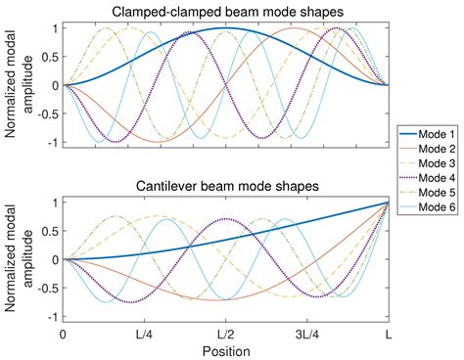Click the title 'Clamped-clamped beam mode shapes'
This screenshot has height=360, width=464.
(226, 12)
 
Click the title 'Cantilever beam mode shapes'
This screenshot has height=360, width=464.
(226, 187)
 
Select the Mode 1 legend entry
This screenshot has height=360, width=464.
(427, 130)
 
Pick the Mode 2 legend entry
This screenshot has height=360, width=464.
(427, 145)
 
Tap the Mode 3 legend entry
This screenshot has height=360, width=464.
(427, 160)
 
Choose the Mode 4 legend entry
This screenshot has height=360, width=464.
(427, 176)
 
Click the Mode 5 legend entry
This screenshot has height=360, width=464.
(427, 192)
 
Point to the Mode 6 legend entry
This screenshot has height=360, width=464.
(427, 206)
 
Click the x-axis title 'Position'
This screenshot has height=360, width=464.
(226, 350)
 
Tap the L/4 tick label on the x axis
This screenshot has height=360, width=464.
(144, 334)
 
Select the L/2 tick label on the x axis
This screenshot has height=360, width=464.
(226, 334)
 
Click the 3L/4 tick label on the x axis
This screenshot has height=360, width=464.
(307, 334)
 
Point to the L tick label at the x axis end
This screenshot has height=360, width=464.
(389, 334)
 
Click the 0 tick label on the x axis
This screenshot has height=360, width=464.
(63, 334)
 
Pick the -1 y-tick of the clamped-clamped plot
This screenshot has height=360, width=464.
(51, 144)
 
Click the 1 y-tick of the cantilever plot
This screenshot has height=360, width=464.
(53, 203)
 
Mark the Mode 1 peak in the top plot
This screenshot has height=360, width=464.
(226, 28)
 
